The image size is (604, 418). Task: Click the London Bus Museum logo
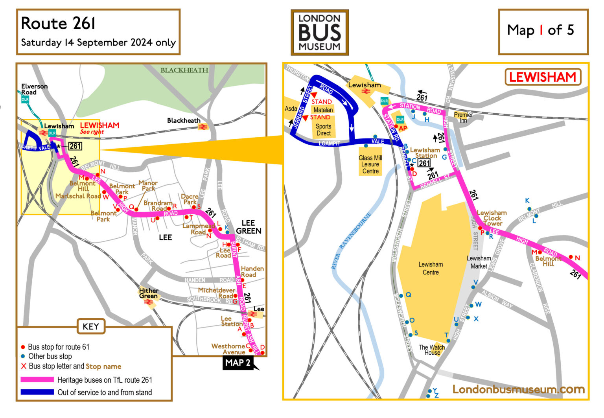pyautogui.click(x=319, y=32)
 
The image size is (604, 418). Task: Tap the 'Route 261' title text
pyautogui.click(x=58, y=24)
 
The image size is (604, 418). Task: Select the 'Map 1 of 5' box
pyautogui.click(x=543, y=31)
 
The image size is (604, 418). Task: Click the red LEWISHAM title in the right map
pyautogui.click(x=542, y=77)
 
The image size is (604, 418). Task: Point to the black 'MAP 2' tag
pyautogui.click(x=238, y=363)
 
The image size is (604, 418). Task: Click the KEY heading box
pyautogui.click(x=90, y=326)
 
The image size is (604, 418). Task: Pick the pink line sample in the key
pyautogui.click(x=37, y=379)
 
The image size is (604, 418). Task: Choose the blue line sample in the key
pyautogui.click(x=37, y=392)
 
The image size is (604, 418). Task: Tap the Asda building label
pyautogui.click(x=291, y=109)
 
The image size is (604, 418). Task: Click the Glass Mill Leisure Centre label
pyautogui.click(x=370, y=164)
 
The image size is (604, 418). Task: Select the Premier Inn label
pyautogui.click(x=463, y=118)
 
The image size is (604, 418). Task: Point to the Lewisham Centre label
pyautogui.click(x=431, y=268)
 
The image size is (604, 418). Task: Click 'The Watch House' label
pyautogui.click(x=431, y=350)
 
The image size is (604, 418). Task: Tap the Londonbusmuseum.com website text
pyautogui.click(x=518, y=389)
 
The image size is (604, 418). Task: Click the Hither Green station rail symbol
pyautogui.click(x=149, y=302)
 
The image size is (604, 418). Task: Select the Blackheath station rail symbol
pyautogui.click(x=203, y=127)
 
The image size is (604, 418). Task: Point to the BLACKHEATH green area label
pyautogui.click(x=184, y=70)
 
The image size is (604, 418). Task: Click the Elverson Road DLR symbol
pyautogui.click(x=25, y=99)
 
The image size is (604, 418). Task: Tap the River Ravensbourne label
pyautogui.click(x=351, y=241)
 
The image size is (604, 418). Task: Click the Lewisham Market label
pyautogui.click(x=479, y=262)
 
